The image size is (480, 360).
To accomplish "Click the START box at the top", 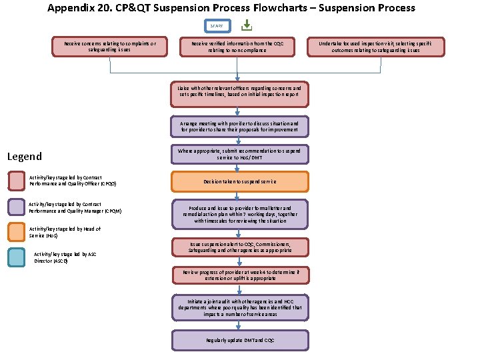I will (217, 26).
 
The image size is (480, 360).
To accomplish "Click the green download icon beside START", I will (246, 25).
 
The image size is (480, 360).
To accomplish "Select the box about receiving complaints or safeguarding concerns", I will (109, 47).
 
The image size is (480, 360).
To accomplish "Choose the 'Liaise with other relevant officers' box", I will (239, 94).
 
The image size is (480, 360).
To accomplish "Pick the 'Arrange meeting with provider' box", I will (239, 127).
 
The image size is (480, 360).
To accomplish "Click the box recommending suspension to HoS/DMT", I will (239, 154).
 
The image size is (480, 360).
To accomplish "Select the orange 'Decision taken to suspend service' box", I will (239, 181).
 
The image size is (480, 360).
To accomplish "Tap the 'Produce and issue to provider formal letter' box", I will (239, 214).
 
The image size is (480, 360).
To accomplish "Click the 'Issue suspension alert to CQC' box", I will (239, 247).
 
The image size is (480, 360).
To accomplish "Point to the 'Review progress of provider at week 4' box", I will (239, 275).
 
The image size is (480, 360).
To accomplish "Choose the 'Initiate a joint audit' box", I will (239, 307).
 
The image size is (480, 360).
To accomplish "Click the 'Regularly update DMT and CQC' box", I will (239, 340).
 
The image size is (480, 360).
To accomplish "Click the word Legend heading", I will (24, 157).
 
